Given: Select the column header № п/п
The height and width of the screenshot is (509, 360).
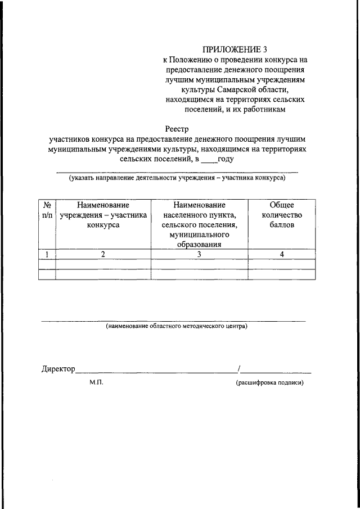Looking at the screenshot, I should tap(47, 210).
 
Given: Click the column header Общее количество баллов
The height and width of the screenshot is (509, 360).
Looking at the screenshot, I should tap(282, 215).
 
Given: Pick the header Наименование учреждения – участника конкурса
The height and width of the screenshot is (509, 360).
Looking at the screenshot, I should tap(103, 215).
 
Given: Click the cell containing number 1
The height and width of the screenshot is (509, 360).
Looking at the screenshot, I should tap(47, 254).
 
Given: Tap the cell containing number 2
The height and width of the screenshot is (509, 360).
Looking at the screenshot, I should tap(103, 254).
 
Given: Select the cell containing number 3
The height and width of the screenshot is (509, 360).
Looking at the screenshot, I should tap(200, 254).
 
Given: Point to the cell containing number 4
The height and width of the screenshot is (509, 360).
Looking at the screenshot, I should tap(282, 254).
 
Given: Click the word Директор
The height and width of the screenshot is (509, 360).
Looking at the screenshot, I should tap(58, 369).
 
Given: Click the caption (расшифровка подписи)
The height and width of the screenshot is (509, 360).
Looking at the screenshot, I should tap(269, 382).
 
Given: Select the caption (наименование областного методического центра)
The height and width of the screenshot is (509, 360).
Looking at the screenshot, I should tap(177, 326).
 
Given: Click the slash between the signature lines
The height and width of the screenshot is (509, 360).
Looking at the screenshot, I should tap(240, 369).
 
